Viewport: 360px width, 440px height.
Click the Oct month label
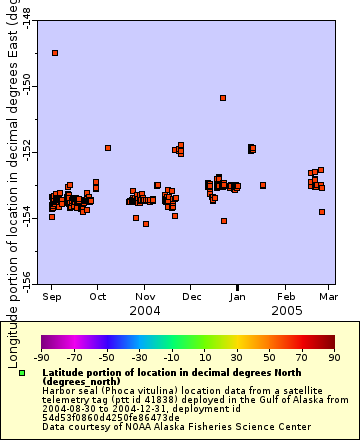(x=98, y=297)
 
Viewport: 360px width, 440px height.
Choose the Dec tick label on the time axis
(x=192, y=297)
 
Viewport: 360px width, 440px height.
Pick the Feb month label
(x=286, y=297)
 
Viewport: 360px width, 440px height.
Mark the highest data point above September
(x=55, y=52)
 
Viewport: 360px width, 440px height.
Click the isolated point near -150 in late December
(x=223, y=98)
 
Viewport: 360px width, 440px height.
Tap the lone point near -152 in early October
(x=107, y=148)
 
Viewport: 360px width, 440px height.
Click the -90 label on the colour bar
(x=42, y=356)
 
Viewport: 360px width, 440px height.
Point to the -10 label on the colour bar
(x=172, y=356)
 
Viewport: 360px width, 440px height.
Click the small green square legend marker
(x=22, y=373)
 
